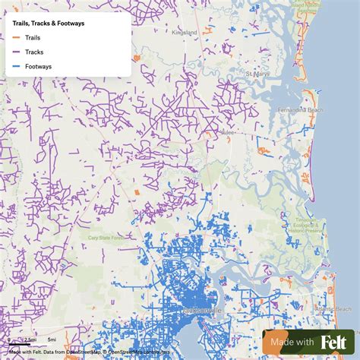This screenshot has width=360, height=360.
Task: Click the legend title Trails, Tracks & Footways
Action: pyautogui.click(x=49, y=24)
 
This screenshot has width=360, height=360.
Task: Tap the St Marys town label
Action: pyautogui.click(x=256, y=74)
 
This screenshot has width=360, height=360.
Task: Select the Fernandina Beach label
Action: pyautogui.click(x=321, y=111)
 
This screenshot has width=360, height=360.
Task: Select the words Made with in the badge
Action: pyautogui.click(x=292, y=343)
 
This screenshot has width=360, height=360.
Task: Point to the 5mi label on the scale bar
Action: pyautogui.click(x=52, y=339)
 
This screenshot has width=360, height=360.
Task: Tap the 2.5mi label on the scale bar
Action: pyautogui.click(x=29, y=339)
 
